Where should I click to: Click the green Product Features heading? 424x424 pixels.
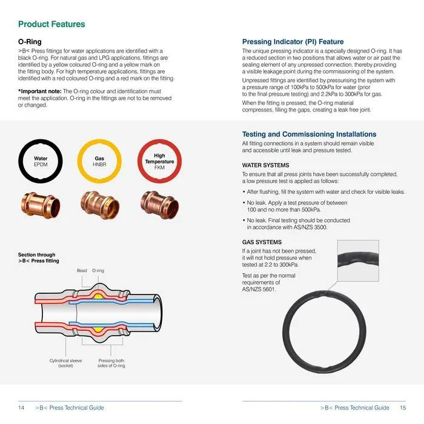[x=51, y=24]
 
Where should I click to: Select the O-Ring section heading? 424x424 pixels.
[x=30, y=42]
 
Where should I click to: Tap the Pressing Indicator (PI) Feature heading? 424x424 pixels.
[x=293, y=42]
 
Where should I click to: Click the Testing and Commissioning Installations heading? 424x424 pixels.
[x=309, y=134]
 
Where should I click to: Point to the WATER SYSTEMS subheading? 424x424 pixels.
[x=265, y=165]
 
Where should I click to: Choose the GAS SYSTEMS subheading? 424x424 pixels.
[x=262, y=242]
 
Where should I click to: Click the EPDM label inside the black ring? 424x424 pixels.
[x=41, y=164]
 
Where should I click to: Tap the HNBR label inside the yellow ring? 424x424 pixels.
[x=99, y=164]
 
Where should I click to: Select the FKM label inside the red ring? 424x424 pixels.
[x=159, y=167]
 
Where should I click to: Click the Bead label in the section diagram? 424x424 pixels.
[x=82, y=270]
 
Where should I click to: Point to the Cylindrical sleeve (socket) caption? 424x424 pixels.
[x=65, y=363]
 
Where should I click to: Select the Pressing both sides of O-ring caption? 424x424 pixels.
[x=111, y=363]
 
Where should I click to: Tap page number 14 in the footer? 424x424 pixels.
[x=21, y=408]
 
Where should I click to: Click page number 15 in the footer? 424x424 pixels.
[x=403, y=408]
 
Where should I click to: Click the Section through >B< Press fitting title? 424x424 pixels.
[x=39, y=258]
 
